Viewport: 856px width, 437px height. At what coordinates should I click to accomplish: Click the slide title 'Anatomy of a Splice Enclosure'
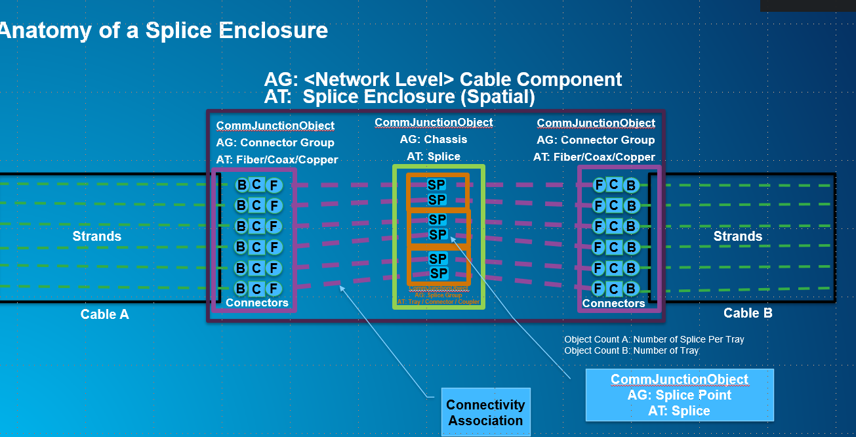pos(164,30)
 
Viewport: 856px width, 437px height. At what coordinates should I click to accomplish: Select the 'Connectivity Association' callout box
pos(485,413)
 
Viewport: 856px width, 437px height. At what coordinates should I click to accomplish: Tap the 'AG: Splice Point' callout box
pos(679,395)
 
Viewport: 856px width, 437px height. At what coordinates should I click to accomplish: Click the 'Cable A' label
pos(104,314)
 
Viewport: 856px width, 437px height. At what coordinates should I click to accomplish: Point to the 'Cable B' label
pos(748,313)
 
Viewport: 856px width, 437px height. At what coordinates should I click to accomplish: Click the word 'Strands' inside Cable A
pos(97,236)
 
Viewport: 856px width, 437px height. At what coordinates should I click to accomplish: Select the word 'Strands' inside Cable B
pos(738,236)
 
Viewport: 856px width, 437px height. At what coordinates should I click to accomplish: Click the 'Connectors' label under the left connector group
pos(257,302)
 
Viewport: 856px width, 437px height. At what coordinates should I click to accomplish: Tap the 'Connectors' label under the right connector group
pos(614,303)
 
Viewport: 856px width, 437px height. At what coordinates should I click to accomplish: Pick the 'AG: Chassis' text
pos(434,139)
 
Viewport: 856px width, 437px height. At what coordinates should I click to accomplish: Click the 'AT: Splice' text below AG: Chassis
pos(434,156)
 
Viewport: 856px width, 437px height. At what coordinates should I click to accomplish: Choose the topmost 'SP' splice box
pos(437,185)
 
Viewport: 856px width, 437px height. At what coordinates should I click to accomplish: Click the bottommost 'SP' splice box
pos(438,273)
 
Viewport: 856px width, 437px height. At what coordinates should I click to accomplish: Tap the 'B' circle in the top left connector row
pos(241,185)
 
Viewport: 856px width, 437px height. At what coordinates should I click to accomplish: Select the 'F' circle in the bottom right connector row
pos(598,288)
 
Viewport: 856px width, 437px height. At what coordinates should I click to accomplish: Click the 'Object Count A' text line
pos(654,339)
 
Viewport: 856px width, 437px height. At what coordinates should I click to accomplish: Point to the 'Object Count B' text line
pos(631,350)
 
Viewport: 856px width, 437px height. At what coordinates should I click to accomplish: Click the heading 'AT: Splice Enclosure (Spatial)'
pos(399,97)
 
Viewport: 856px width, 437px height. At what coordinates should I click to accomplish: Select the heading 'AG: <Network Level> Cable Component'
pos(443,79)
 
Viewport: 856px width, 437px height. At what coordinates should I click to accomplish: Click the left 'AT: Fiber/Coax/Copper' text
pos(277,159)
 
